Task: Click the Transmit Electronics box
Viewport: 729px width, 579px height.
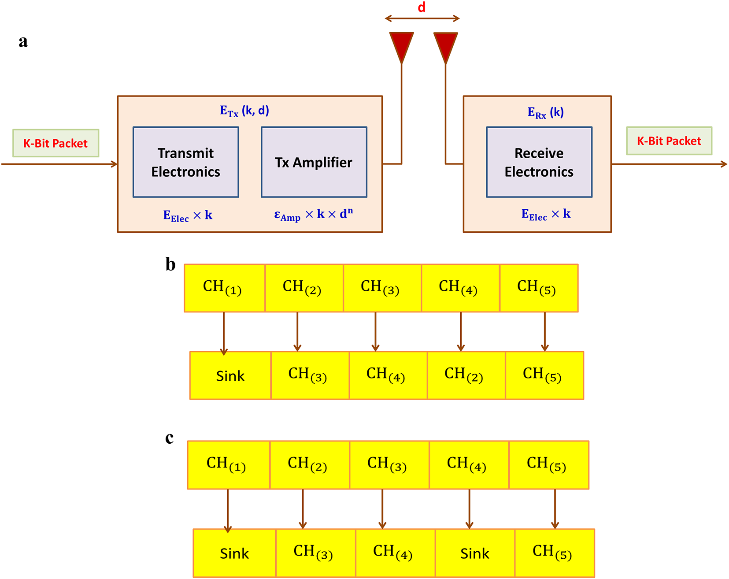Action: tap(185, 162)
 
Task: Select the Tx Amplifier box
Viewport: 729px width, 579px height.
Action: tap(314, 162)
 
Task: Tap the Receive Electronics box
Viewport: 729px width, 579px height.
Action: tap(539, 162)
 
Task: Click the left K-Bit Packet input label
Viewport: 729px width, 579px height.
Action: tap(56, 143)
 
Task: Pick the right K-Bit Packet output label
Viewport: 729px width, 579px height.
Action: tap(669, 141)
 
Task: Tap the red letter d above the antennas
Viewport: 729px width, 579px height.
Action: tap(422, 7)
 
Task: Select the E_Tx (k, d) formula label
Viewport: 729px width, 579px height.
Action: tap(244, 111)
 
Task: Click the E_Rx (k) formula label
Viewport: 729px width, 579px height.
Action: tap(545, 112)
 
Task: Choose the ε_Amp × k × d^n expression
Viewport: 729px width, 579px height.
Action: tap(313, 215)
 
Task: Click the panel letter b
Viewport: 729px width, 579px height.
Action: tap(170, 264)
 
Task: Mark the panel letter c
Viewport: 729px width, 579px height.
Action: tap(170, 438)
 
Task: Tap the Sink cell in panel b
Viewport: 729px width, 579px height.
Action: tap(230, 376)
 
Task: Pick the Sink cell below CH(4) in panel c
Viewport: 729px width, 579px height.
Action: tap(474, 553)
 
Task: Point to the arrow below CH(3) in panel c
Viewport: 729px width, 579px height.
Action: tap(382, 509)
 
